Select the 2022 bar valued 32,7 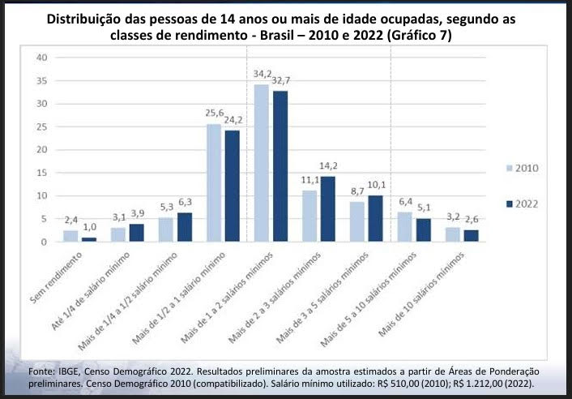[281, 165]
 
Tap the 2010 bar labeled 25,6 [214, 182]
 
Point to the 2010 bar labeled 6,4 [406, 226]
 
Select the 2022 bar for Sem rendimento [89, 238]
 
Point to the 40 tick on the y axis [43, 58]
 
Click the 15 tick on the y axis [43, 173]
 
